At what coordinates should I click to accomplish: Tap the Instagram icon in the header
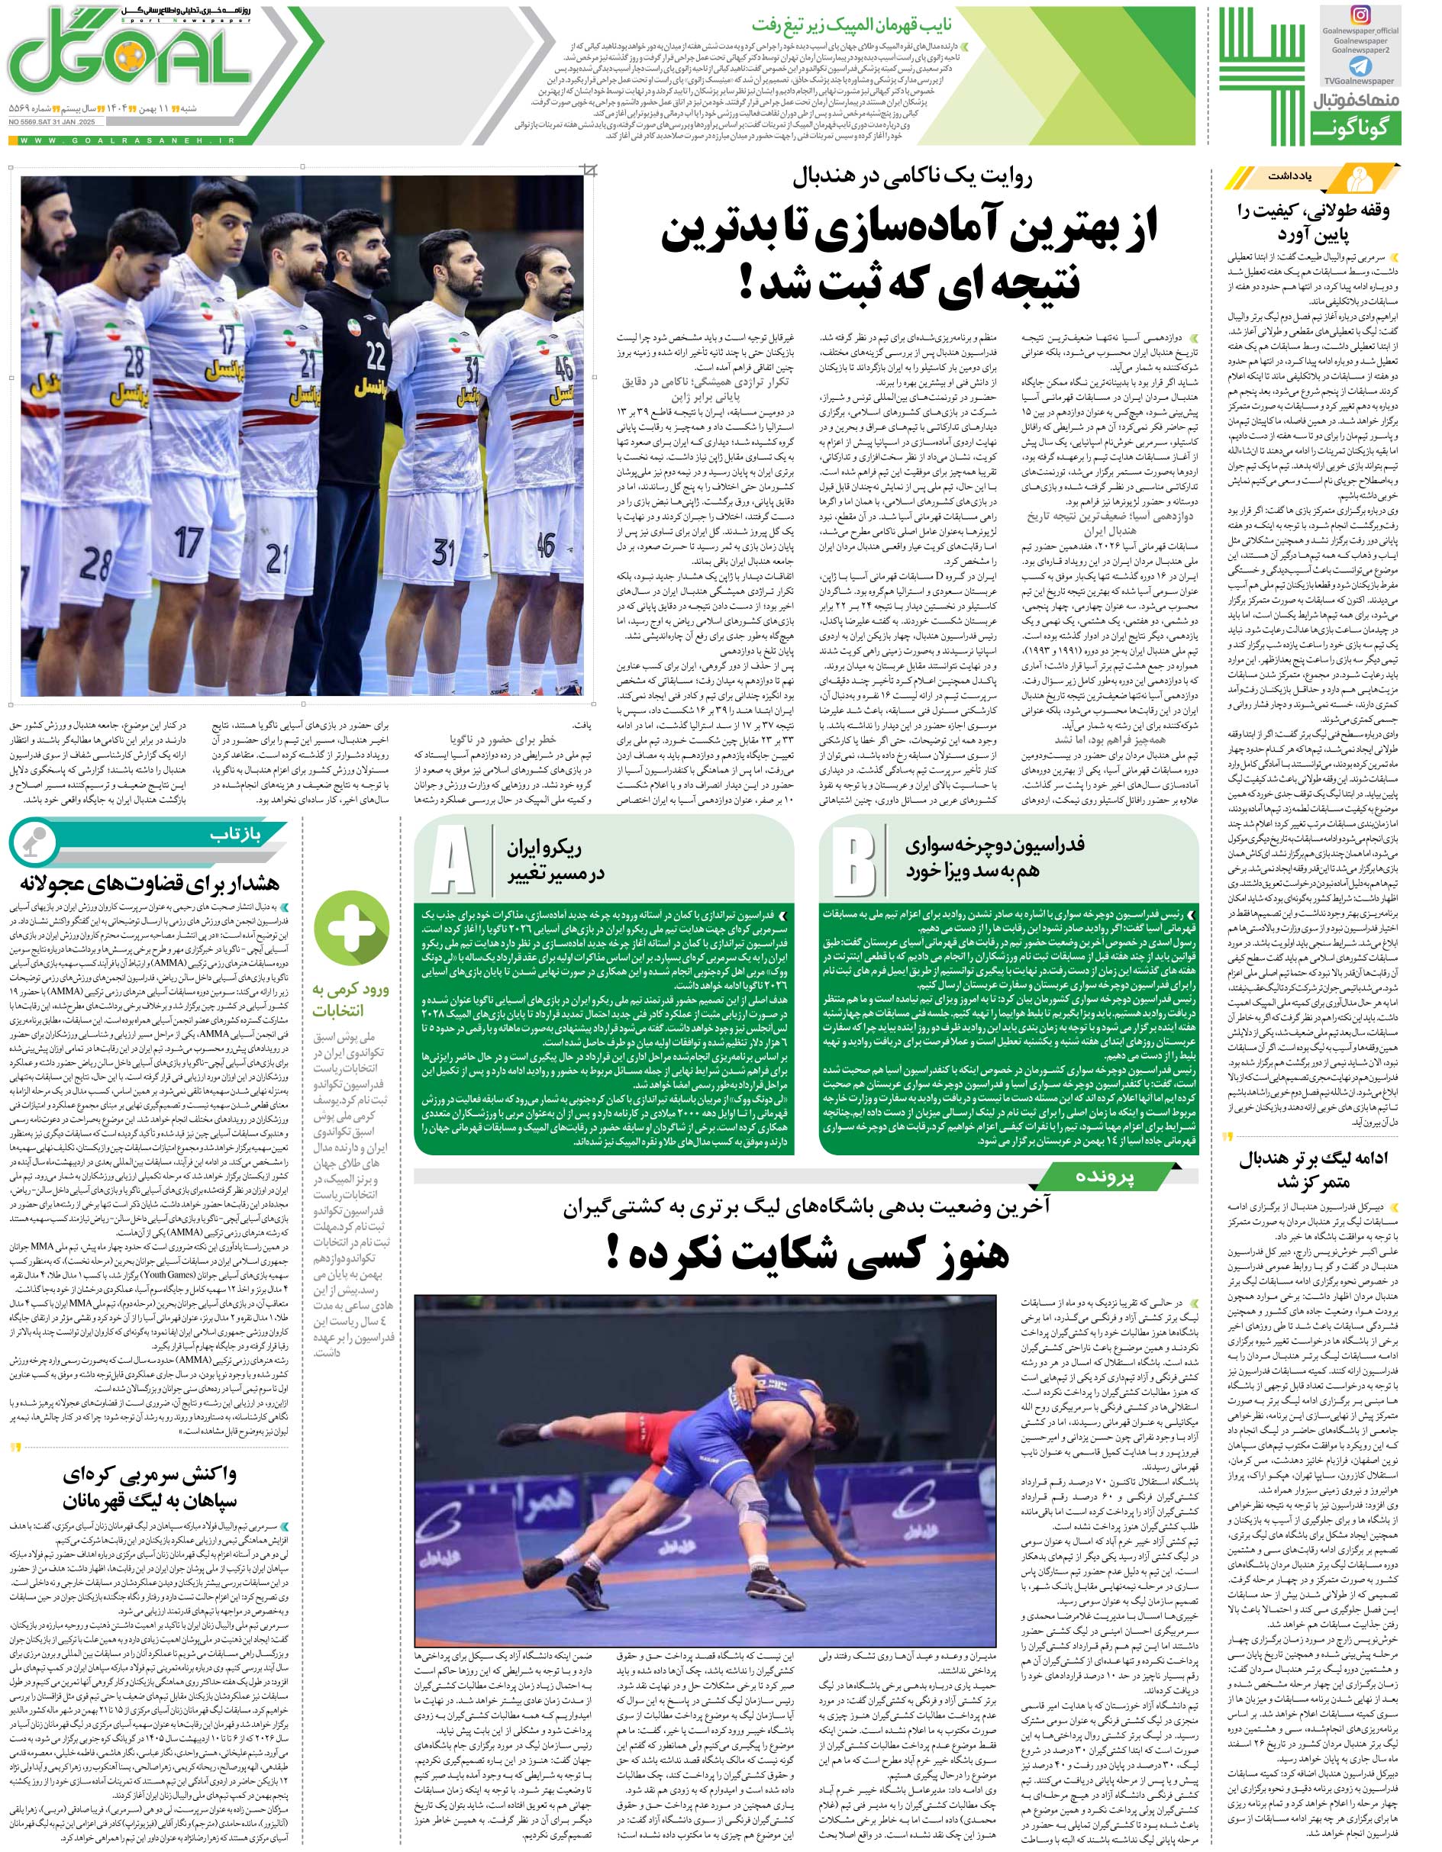(x=1383, y=18)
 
